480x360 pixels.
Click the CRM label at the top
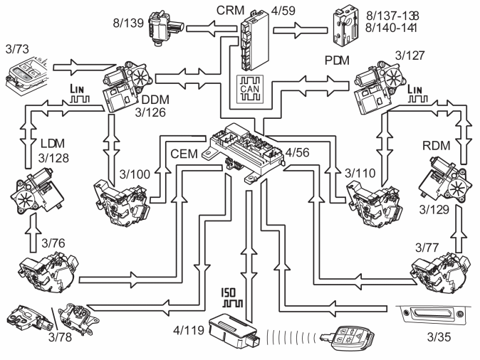coord(230,10)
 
